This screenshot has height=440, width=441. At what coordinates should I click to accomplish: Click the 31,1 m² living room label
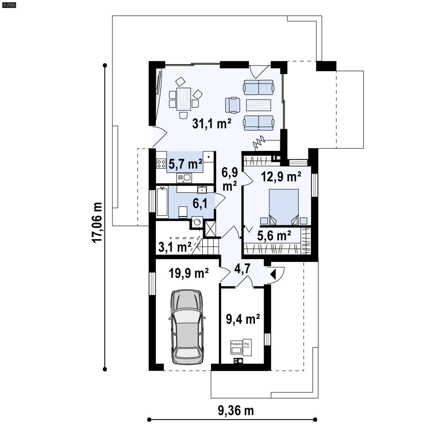(x=211, y=124)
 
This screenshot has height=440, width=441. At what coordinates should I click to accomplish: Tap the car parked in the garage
(x=187, y=327)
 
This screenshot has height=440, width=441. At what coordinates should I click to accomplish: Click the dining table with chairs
(x=184, y=99)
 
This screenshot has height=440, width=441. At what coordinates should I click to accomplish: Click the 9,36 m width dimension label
(x=236, y=410)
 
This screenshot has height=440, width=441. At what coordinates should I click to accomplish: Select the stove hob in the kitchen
(x=161, y=163)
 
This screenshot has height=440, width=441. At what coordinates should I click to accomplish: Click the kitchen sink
(x=184, y=178)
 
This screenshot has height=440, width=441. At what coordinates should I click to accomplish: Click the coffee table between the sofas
(x=258, y=105)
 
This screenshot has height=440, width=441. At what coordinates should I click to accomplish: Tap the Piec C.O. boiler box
(x=247, y=347)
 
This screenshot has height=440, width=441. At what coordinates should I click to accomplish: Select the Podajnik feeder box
(x=236, y=348)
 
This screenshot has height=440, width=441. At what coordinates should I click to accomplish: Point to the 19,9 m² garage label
(x=189, y=273)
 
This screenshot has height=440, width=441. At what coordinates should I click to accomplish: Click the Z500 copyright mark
(x=9, y=5)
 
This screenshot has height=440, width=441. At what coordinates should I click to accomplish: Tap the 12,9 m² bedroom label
(x=281, y=177)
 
